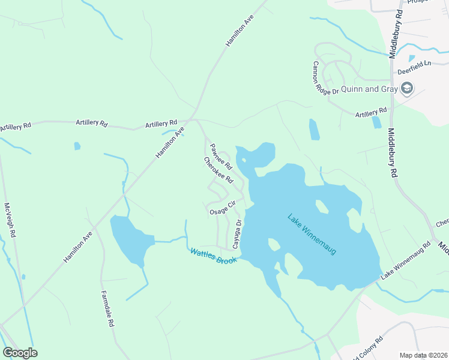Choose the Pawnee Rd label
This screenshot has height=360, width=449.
pos(221,156)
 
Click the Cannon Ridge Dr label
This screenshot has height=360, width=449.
pos(325,77)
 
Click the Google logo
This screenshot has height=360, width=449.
pos(20,353)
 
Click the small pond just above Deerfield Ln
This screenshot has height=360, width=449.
pos(411,58)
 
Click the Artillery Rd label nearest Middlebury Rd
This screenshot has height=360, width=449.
pos(371,112)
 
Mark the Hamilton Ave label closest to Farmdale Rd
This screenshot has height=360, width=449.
pos(79,246)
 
